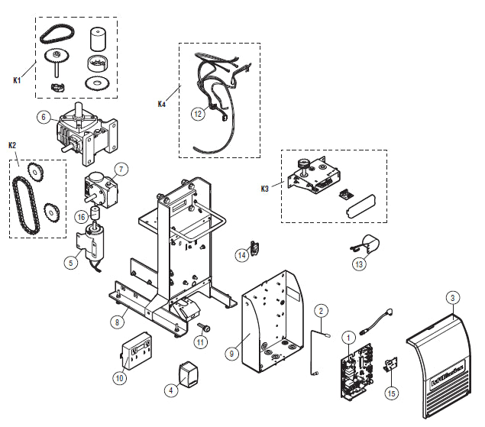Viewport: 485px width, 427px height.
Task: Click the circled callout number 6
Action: pyautogui.click(x=44, y=117)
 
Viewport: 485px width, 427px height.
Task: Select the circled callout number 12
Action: pyautogui.click(x=197, y=114)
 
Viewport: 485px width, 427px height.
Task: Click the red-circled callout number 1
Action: pyautogui.click(x=348, y=336)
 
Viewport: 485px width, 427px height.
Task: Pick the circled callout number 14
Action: pyautogui.click(x=241, y=254)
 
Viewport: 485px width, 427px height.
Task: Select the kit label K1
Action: pyautogui.click(x=16, y=79)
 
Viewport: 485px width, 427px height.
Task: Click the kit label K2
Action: pyautogui.click(x=11, y=145)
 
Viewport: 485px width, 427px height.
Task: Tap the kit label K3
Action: pyautogui.click(x=264, y=187)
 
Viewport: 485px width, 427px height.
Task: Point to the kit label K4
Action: pyautogui.click(x=161, y=103)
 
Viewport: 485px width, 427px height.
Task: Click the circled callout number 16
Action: pyautogui.click(x=81, y=217)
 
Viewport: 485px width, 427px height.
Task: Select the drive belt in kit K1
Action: pyautogui.click(x=57, y=32)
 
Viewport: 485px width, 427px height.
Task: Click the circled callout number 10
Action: pyautogui.click(x=119, y=377)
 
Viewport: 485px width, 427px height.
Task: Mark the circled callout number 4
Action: pyautogui.click(x=171, y=389)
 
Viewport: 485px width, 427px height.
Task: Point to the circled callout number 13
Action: pyautogui.click(x=360, y=264)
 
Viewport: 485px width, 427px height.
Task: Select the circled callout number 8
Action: pyautogui.click(x=118, y=322)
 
